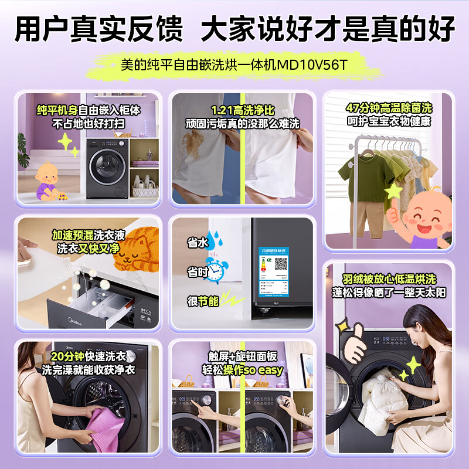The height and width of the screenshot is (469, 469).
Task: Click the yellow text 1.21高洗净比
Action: pyautogui.click(x=242, y=110)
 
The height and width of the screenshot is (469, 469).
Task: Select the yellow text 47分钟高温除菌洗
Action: pyautogui.click(x=388, y=109)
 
